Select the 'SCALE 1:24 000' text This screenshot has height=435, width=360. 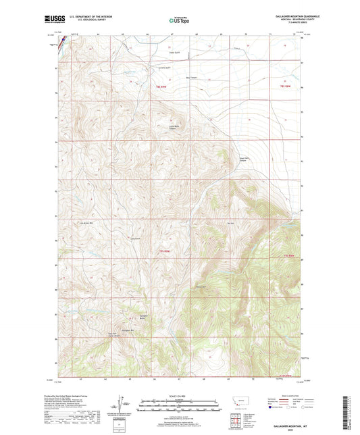click(x=180, y=395)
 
